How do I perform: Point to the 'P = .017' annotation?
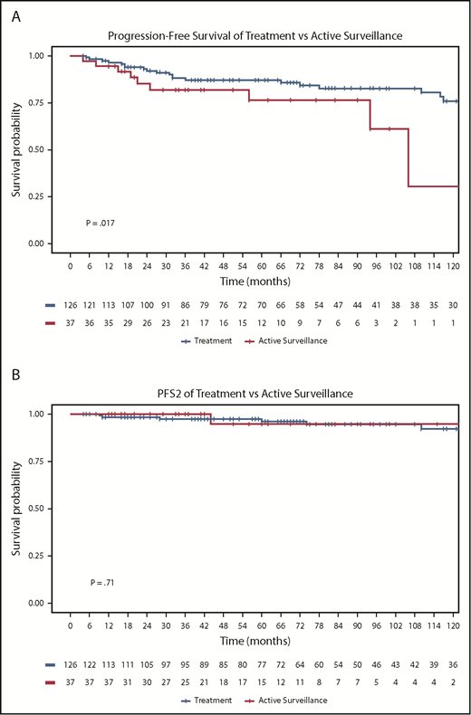click(101, 222)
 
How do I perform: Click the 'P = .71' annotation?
click(100, 579)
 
